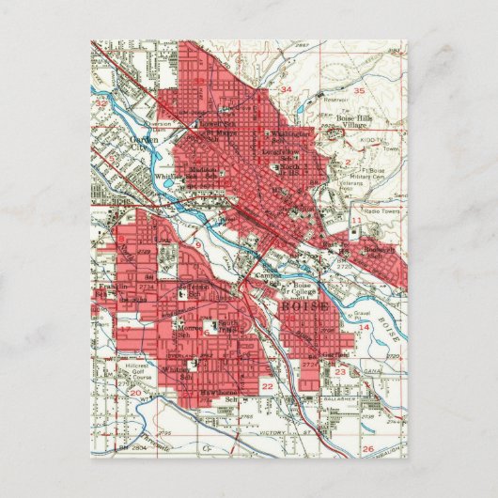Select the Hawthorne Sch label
221,396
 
